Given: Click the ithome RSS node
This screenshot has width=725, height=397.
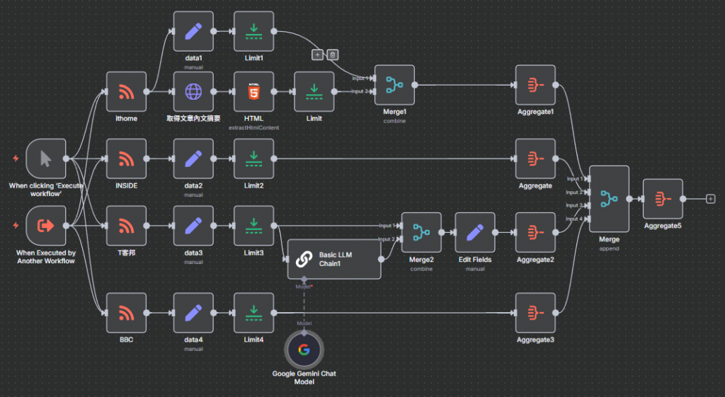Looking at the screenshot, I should [126, 91].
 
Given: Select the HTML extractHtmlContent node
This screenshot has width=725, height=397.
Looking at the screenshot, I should [253, 91].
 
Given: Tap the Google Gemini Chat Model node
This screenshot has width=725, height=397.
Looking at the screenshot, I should [303, 350].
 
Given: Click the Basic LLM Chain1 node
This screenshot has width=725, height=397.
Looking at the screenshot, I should [333, 259].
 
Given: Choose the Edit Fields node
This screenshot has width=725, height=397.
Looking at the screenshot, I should [475, 232].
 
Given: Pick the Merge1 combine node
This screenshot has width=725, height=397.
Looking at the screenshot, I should [394, 85].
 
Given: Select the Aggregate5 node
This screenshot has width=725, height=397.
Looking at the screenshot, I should [663, 199].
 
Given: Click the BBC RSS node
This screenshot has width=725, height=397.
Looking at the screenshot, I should [126, 312].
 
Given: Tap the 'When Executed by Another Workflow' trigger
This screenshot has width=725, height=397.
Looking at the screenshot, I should [45, 226].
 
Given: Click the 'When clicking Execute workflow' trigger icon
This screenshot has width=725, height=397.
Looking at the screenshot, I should [45, 159].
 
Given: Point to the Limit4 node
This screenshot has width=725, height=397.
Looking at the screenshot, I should [253, 312].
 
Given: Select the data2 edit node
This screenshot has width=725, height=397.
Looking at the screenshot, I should [193, 159].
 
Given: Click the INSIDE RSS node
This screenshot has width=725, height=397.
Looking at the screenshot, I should [126, 159].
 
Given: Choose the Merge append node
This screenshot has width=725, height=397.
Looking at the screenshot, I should [609, 199].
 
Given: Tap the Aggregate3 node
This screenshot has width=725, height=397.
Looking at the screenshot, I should [535, 312].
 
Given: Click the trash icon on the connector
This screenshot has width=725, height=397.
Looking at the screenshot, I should [333, 54].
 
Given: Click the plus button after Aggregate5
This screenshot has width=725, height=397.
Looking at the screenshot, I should [710, 199].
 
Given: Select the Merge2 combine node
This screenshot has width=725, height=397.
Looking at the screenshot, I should [421, 232].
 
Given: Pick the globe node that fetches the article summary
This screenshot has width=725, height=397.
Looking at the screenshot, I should [193, 91].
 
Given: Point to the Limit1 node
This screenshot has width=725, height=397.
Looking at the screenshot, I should [253, 31].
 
